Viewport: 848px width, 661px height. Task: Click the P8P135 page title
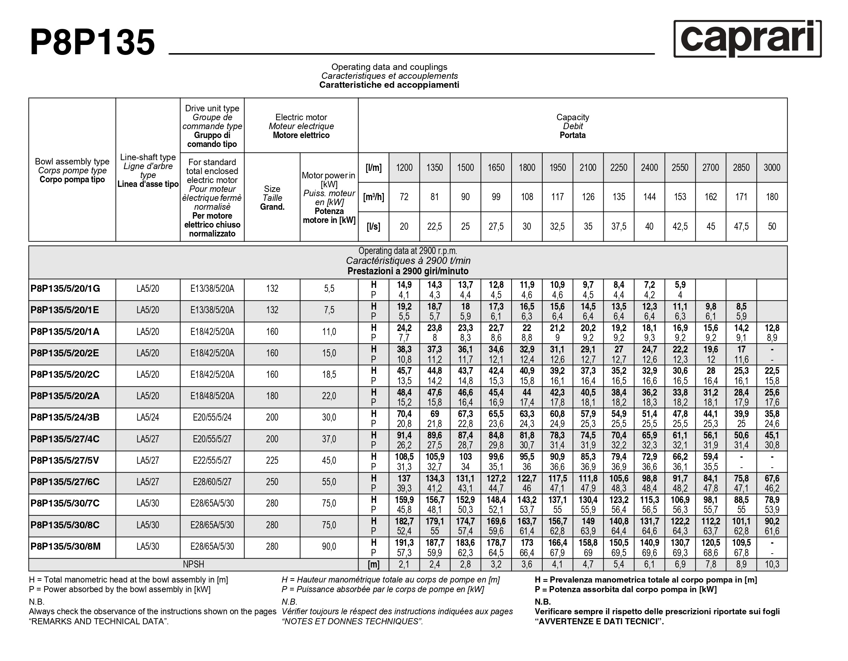tap(93, 42)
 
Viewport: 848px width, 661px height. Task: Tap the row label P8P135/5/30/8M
tap(66, 546)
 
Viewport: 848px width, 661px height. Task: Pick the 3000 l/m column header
tap(772, 168)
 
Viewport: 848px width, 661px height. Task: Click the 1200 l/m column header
tap(404, 168)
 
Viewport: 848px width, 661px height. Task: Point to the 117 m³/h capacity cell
tap(558, 197)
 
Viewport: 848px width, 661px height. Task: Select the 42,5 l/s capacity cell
tap(680, 227)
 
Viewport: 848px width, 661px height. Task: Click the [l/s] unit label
tap(374, 227)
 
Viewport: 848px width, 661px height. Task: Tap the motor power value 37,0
tap(329, 439)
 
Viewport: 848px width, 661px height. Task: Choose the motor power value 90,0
tap(329, 546)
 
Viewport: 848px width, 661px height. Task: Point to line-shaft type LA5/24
tap(148, 418)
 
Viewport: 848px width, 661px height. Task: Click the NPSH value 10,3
tap(772, 564)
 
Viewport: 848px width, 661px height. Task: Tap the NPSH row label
tap(193, 564)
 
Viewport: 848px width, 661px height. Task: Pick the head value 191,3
tap(404, 543)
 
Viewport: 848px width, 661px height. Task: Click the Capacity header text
tap(573, 117)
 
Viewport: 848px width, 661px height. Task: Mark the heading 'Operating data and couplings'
tap(389, 67)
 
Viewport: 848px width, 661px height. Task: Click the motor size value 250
tap(272, 482)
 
